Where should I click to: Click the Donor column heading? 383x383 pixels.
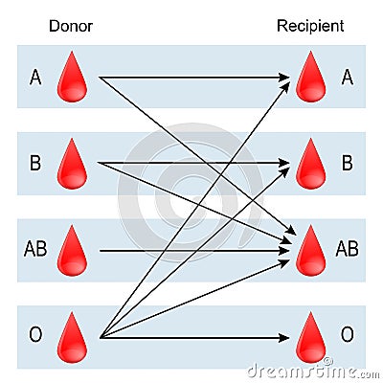click(70, 26)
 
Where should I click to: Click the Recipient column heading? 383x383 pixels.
click(310, 26)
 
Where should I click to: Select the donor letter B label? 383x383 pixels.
click(35, 163)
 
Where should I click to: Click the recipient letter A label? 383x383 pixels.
click(347, 77)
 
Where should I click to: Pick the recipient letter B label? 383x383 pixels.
click(347, 163)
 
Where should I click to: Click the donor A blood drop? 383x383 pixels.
click(73, 79)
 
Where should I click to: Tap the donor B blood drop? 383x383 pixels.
click(73, 165)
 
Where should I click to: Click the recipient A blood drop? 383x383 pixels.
click(310, 79)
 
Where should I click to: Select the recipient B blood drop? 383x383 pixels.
click(310, 165)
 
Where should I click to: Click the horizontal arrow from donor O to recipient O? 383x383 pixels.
click(191, 337)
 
